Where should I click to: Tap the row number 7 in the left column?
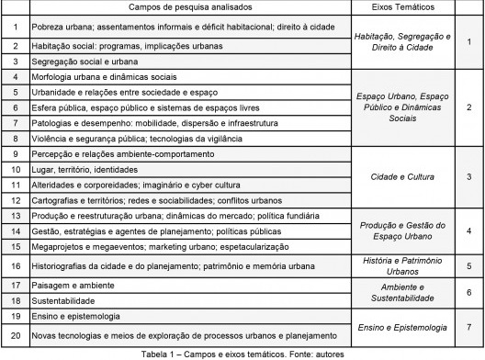[14, 121]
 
